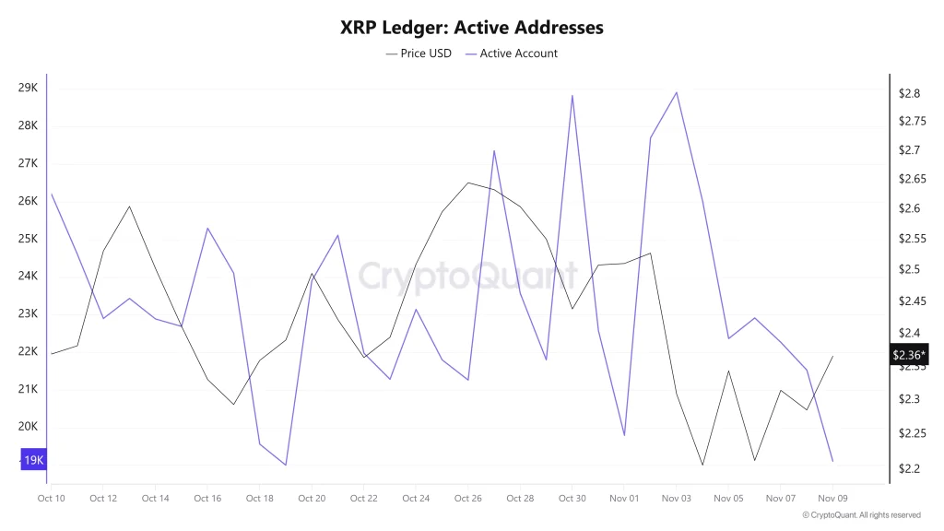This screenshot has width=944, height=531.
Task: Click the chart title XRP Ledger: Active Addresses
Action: coord(471,28)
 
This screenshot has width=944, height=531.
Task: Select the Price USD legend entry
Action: coord(419,53)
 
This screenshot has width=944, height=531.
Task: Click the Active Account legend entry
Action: coord(512,53)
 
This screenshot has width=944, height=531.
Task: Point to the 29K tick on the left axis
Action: coord(28,88)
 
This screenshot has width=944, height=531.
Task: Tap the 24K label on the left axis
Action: coord(28,276)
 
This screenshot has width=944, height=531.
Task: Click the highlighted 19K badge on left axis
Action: coord(33,460)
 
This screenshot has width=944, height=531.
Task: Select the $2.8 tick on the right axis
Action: coord(910,93)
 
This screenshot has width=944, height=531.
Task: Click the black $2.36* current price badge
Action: coord(909,355)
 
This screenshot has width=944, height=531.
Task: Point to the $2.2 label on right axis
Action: coord(910,469)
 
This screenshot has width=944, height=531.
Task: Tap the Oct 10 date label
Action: coord(51,499)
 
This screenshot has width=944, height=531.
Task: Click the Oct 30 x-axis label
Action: coord(572,499)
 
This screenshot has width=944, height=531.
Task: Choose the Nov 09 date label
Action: coord(833,499)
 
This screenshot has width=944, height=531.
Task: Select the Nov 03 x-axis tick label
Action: coord(677,499)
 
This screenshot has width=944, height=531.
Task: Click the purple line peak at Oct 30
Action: coord(572,95)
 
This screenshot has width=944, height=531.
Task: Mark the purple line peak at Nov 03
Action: coord(677,92)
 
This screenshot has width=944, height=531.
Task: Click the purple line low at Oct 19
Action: coord(286,465)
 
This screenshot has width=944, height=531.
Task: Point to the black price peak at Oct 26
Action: coord(468,183)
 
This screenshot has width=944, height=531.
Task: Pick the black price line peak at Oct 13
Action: coord(129,206)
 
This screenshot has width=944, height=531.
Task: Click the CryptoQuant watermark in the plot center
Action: coord(467,276)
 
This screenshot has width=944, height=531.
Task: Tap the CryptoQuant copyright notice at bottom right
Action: coord(861,515)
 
